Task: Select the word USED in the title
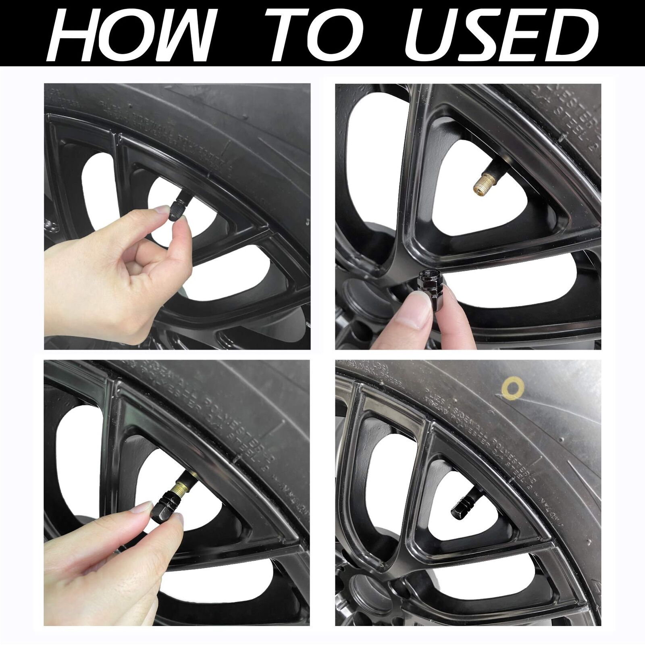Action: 500,35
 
